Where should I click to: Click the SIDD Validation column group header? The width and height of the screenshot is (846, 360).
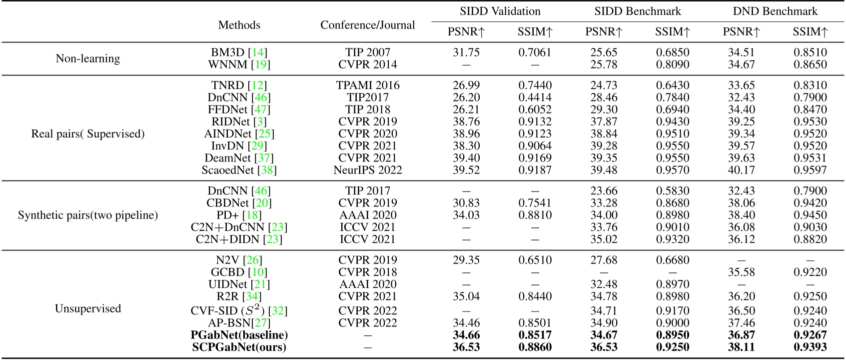click(500, 11)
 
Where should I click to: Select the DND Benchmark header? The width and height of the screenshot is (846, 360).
click(775, 11)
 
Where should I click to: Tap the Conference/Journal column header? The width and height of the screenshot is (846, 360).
click(367, 25)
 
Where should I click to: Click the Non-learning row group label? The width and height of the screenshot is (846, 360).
click(88, 58)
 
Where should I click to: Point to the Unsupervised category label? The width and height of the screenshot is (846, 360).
click(88, 308)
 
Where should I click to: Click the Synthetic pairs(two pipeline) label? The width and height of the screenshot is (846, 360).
click(88, 215)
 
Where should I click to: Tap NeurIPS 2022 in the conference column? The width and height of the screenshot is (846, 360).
click(367, 170)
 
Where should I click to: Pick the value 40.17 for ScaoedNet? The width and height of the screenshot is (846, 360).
click(741, 170)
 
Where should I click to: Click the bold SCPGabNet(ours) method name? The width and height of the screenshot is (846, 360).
click(239, 347)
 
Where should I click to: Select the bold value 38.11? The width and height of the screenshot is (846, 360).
click(741, 347)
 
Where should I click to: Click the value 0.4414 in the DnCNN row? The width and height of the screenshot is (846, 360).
click(535, 97)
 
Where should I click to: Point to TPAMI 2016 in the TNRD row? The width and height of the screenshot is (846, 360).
click(367, 85)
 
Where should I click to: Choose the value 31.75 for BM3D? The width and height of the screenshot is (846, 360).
click(466, 52)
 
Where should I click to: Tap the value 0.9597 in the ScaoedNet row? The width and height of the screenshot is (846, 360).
click(810, 170)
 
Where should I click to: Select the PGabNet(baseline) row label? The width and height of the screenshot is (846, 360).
click(239, 335)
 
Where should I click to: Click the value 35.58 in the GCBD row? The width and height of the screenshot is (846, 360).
click(741, 272)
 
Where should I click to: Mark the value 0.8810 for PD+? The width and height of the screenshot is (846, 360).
click(535, 215)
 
